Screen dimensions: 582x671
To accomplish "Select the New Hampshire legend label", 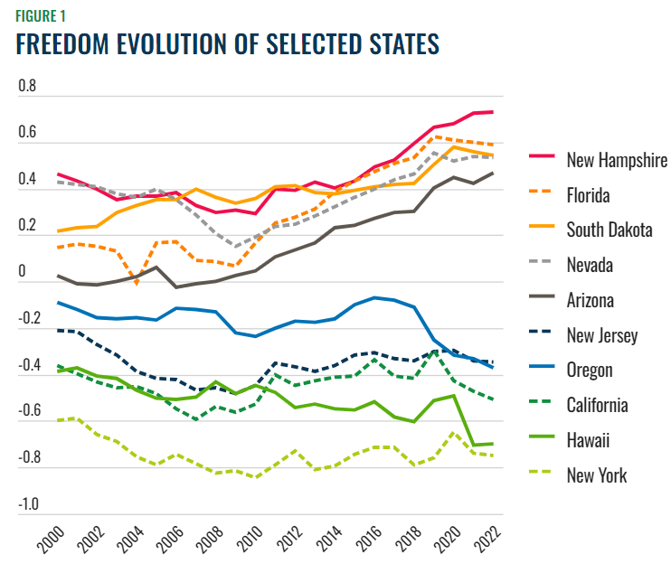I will [x=617, y=161].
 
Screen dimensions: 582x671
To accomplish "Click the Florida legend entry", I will [x=588, y=195].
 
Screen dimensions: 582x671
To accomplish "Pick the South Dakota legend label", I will [x=609, y=230].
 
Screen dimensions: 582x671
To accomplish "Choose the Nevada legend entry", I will [x=590, y=265].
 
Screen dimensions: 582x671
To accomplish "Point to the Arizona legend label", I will [x=591, y=300].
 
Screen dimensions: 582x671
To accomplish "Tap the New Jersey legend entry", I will [x=602, y=335].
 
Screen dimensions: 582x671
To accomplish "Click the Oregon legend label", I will [x=590, y=370].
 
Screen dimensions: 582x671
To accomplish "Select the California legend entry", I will [x=597, y=405].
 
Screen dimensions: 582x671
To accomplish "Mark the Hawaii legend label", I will [x=588, y=440].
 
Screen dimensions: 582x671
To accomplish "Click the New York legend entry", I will [x=596, y=475].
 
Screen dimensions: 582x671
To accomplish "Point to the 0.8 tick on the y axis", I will [x=26, y=87].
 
